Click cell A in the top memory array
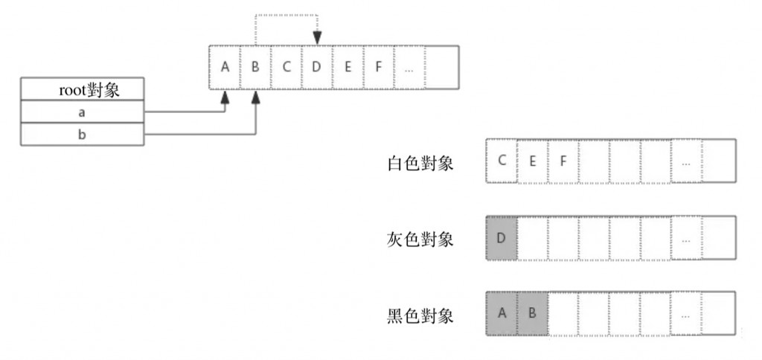pos(225,67)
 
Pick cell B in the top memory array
pos(255,67)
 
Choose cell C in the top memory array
pos(286,67)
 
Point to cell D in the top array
pos(316,67)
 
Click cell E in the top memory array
pos(348,67)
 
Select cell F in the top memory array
pos(378,67)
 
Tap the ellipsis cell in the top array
pos(409,67)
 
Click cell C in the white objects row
pos(501,159)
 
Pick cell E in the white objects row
pos(532,159)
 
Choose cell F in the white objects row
pos(563,159)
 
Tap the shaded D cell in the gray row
pos(501,239)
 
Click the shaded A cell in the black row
pos(501,315)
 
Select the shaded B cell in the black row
pos(532,315)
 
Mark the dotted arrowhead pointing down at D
pos(317,39)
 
